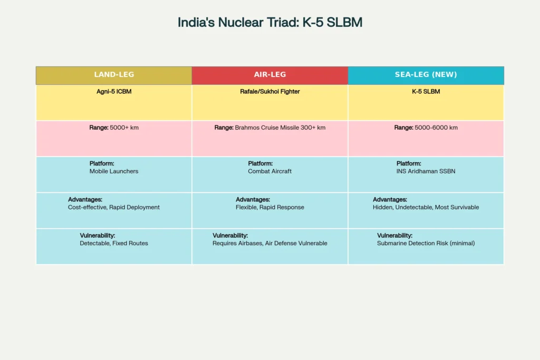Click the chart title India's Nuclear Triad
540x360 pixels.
pos(269,23)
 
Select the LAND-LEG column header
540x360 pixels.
pos(113,75)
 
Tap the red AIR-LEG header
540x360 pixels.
pos(269,75)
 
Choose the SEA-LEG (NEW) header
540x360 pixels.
pos(426,75)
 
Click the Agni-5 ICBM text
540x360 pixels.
pos(113,92)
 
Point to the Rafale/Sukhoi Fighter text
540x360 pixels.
pos(269,92)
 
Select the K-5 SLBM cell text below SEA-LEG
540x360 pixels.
pos(426,92)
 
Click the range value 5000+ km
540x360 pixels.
pos(124,128)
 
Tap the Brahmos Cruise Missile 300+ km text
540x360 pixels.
pos(280,128)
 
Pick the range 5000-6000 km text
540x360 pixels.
pos(436,128)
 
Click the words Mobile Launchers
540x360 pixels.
pos(114,171)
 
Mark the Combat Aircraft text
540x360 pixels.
pos(269,171)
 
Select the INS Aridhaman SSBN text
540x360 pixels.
pos(426,171)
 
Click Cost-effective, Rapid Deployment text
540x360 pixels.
pos(114,207)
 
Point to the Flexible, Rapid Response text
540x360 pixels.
pos(269,207)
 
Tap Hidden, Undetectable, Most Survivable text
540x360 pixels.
pos(426,207)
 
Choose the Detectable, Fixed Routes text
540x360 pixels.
pos(114,244)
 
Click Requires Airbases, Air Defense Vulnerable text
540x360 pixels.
pos(269,244)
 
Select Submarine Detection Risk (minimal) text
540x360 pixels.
pos(426,244)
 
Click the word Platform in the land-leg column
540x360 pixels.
pos(102,163)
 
